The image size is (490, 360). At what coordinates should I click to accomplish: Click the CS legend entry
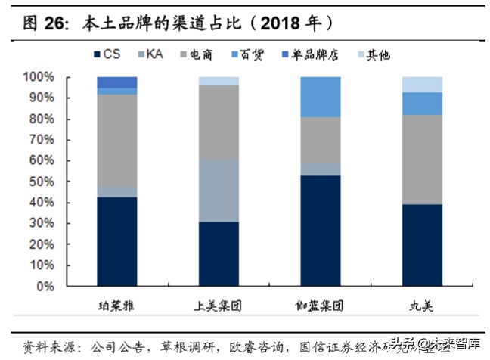click(107, 54)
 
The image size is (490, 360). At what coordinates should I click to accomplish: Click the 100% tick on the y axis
click(38, 77)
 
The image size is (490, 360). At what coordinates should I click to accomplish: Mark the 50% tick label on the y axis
click(41, 182)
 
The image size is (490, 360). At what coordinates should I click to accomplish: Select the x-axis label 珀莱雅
click(116, 307)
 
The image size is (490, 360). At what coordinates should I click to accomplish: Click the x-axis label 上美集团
click(218, 307)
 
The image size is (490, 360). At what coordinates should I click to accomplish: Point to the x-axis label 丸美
click(421, 307)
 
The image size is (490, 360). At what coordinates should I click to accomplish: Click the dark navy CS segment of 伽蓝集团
click(320, 231)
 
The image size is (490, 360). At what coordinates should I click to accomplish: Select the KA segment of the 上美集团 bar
click(219, 190)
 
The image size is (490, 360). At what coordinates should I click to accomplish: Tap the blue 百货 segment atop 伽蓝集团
click(320, 97)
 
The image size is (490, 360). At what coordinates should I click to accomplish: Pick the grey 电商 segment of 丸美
click(422, 160)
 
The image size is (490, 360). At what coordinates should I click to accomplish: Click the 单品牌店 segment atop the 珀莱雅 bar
click(117, 82)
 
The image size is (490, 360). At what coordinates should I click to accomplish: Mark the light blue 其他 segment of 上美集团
click(219, 80)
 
